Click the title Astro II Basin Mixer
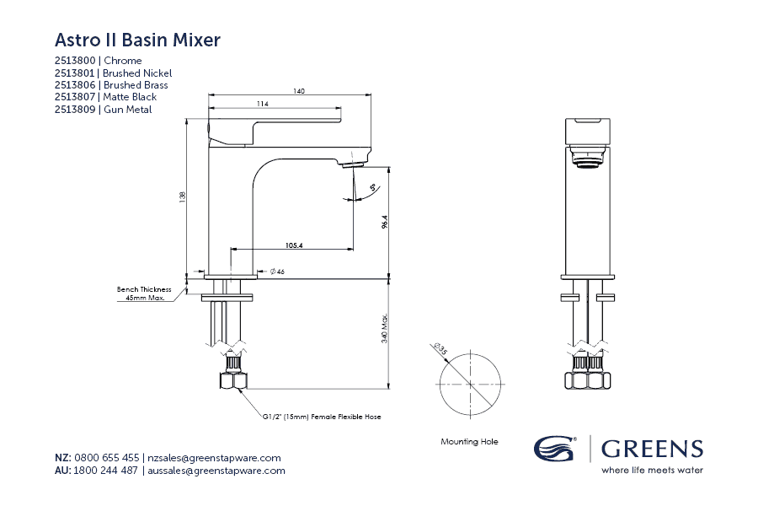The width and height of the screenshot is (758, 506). coord(137,40)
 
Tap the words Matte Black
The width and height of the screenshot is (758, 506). coord(130,97)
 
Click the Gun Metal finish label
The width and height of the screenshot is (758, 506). coord(127,110)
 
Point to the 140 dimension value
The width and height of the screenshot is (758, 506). coord(299,91)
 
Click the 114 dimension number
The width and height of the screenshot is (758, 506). coord(263,105)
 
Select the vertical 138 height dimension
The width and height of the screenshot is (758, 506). coord(182,196)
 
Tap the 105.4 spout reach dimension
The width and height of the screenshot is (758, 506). coord(294,245)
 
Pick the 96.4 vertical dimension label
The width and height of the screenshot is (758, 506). coord(384,221)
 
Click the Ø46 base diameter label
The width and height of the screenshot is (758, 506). coord(277,272)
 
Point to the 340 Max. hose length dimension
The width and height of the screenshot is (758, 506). coord(384,327)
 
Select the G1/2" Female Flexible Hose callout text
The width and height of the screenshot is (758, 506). coord(327,417)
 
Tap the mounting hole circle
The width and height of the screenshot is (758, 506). coord(469,384)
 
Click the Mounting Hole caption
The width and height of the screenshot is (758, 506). coord(469,441)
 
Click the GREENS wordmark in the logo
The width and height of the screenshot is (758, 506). coord(652,449)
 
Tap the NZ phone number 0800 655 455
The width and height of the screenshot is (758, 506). coord(107,458)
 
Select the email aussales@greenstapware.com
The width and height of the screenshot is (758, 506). coord(216,471)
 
